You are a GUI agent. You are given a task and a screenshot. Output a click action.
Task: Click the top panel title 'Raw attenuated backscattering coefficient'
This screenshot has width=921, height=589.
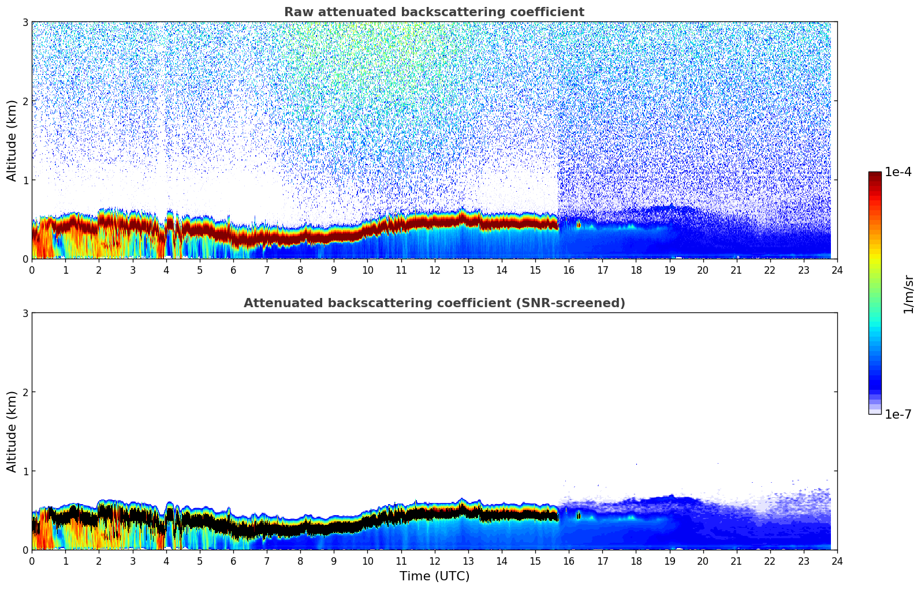coord(434,12)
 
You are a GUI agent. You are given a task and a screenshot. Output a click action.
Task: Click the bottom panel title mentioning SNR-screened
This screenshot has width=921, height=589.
coord(434,303)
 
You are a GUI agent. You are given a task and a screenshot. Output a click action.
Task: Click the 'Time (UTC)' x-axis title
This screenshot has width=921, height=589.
coord(434,576)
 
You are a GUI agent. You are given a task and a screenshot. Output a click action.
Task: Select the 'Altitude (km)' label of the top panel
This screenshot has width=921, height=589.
coord(12,140)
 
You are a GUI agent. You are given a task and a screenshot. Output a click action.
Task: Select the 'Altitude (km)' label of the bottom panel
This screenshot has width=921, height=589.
coord(12,431)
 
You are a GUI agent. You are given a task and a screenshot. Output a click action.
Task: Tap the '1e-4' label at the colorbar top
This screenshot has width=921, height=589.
coord(898,172)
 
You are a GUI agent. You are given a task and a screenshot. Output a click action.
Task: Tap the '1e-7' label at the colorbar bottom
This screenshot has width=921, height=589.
coord(898,414)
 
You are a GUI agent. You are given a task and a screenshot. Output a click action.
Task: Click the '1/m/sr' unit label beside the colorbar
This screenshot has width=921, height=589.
coord(908,294)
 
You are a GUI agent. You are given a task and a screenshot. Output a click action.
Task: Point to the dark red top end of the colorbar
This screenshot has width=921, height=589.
coord(875,174)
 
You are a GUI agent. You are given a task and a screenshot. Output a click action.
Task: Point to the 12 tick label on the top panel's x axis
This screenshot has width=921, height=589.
coord(434,270)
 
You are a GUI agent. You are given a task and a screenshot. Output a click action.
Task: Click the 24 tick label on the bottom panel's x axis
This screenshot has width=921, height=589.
coord(837,561)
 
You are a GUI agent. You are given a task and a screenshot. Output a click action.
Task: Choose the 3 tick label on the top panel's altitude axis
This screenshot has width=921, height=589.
coord(25,22)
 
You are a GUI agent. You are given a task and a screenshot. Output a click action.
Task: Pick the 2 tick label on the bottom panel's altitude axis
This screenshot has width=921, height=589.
coord(25,392)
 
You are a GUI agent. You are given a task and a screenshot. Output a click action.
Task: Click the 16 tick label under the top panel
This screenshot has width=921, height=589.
coord(569,270)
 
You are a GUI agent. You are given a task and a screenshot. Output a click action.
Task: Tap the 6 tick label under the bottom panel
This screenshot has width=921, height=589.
coord(233,561)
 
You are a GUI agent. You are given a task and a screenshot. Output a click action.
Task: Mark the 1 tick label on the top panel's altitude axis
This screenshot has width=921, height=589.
coord(25,180)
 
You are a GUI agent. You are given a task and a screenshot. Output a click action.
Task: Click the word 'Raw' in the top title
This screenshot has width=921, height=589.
coord(296,12)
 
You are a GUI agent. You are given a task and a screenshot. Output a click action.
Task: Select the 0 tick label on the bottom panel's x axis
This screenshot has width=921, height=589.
coord(32,561)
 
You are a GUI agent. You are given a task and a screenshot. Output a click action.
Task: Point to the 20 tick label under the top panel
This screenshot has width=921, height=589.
coord(703,270)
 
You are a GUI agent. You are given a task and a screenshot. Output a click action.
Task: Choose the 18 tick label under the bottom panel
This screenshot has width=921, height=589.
coord(636,561)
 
